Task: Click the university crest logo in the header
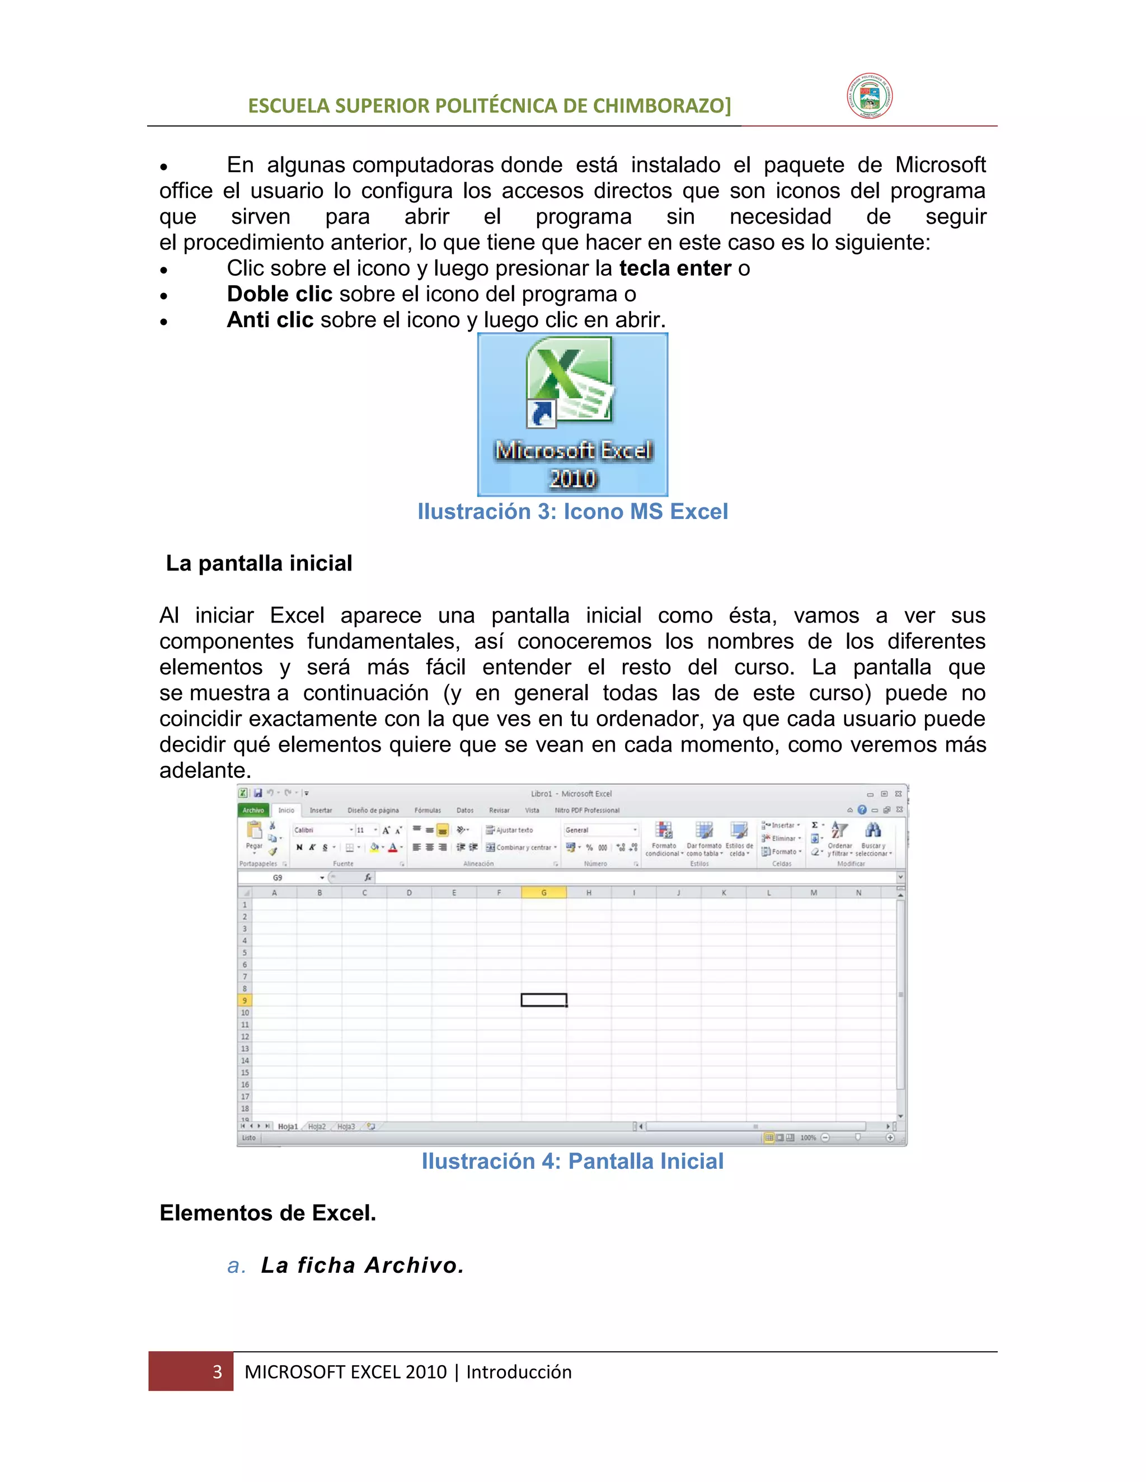click(x=869, y=96)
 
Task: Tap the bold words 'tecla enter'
click(x=675, y=268)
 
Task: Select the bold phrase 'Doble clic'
click(x=279, y=294)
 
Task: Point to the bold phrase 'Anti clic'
click(x=270, y=319)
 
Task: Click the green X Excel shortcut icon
click(x=569, y=381)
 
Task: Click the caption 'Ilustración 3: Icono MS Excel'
click(x=572, y=511)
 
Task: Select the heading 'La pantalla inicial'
click(x=259, y=563)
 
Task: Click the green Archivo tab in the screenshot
click(x=253, y=810)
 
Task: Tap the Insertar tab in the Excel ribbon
click(x=321, y=810)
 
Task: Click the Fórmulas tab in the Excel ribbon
click(x=427, y=810)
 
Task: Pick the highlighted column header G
click(x=544, y=893)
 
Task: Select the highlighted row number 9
click(x=245, y=1001)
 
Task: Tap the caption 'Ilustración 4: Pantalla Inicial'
click(x=572, y=1161)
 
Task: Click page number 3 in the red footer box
click(x=217, y=1372)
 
